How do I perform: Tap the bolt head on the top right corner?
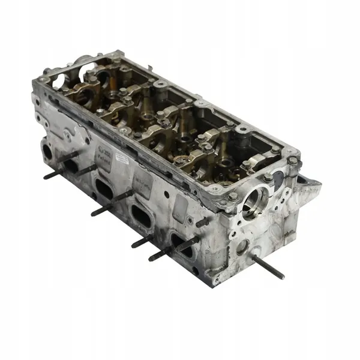[292, 161]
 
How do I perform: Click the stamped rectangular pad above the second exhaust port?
[143, 180]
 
